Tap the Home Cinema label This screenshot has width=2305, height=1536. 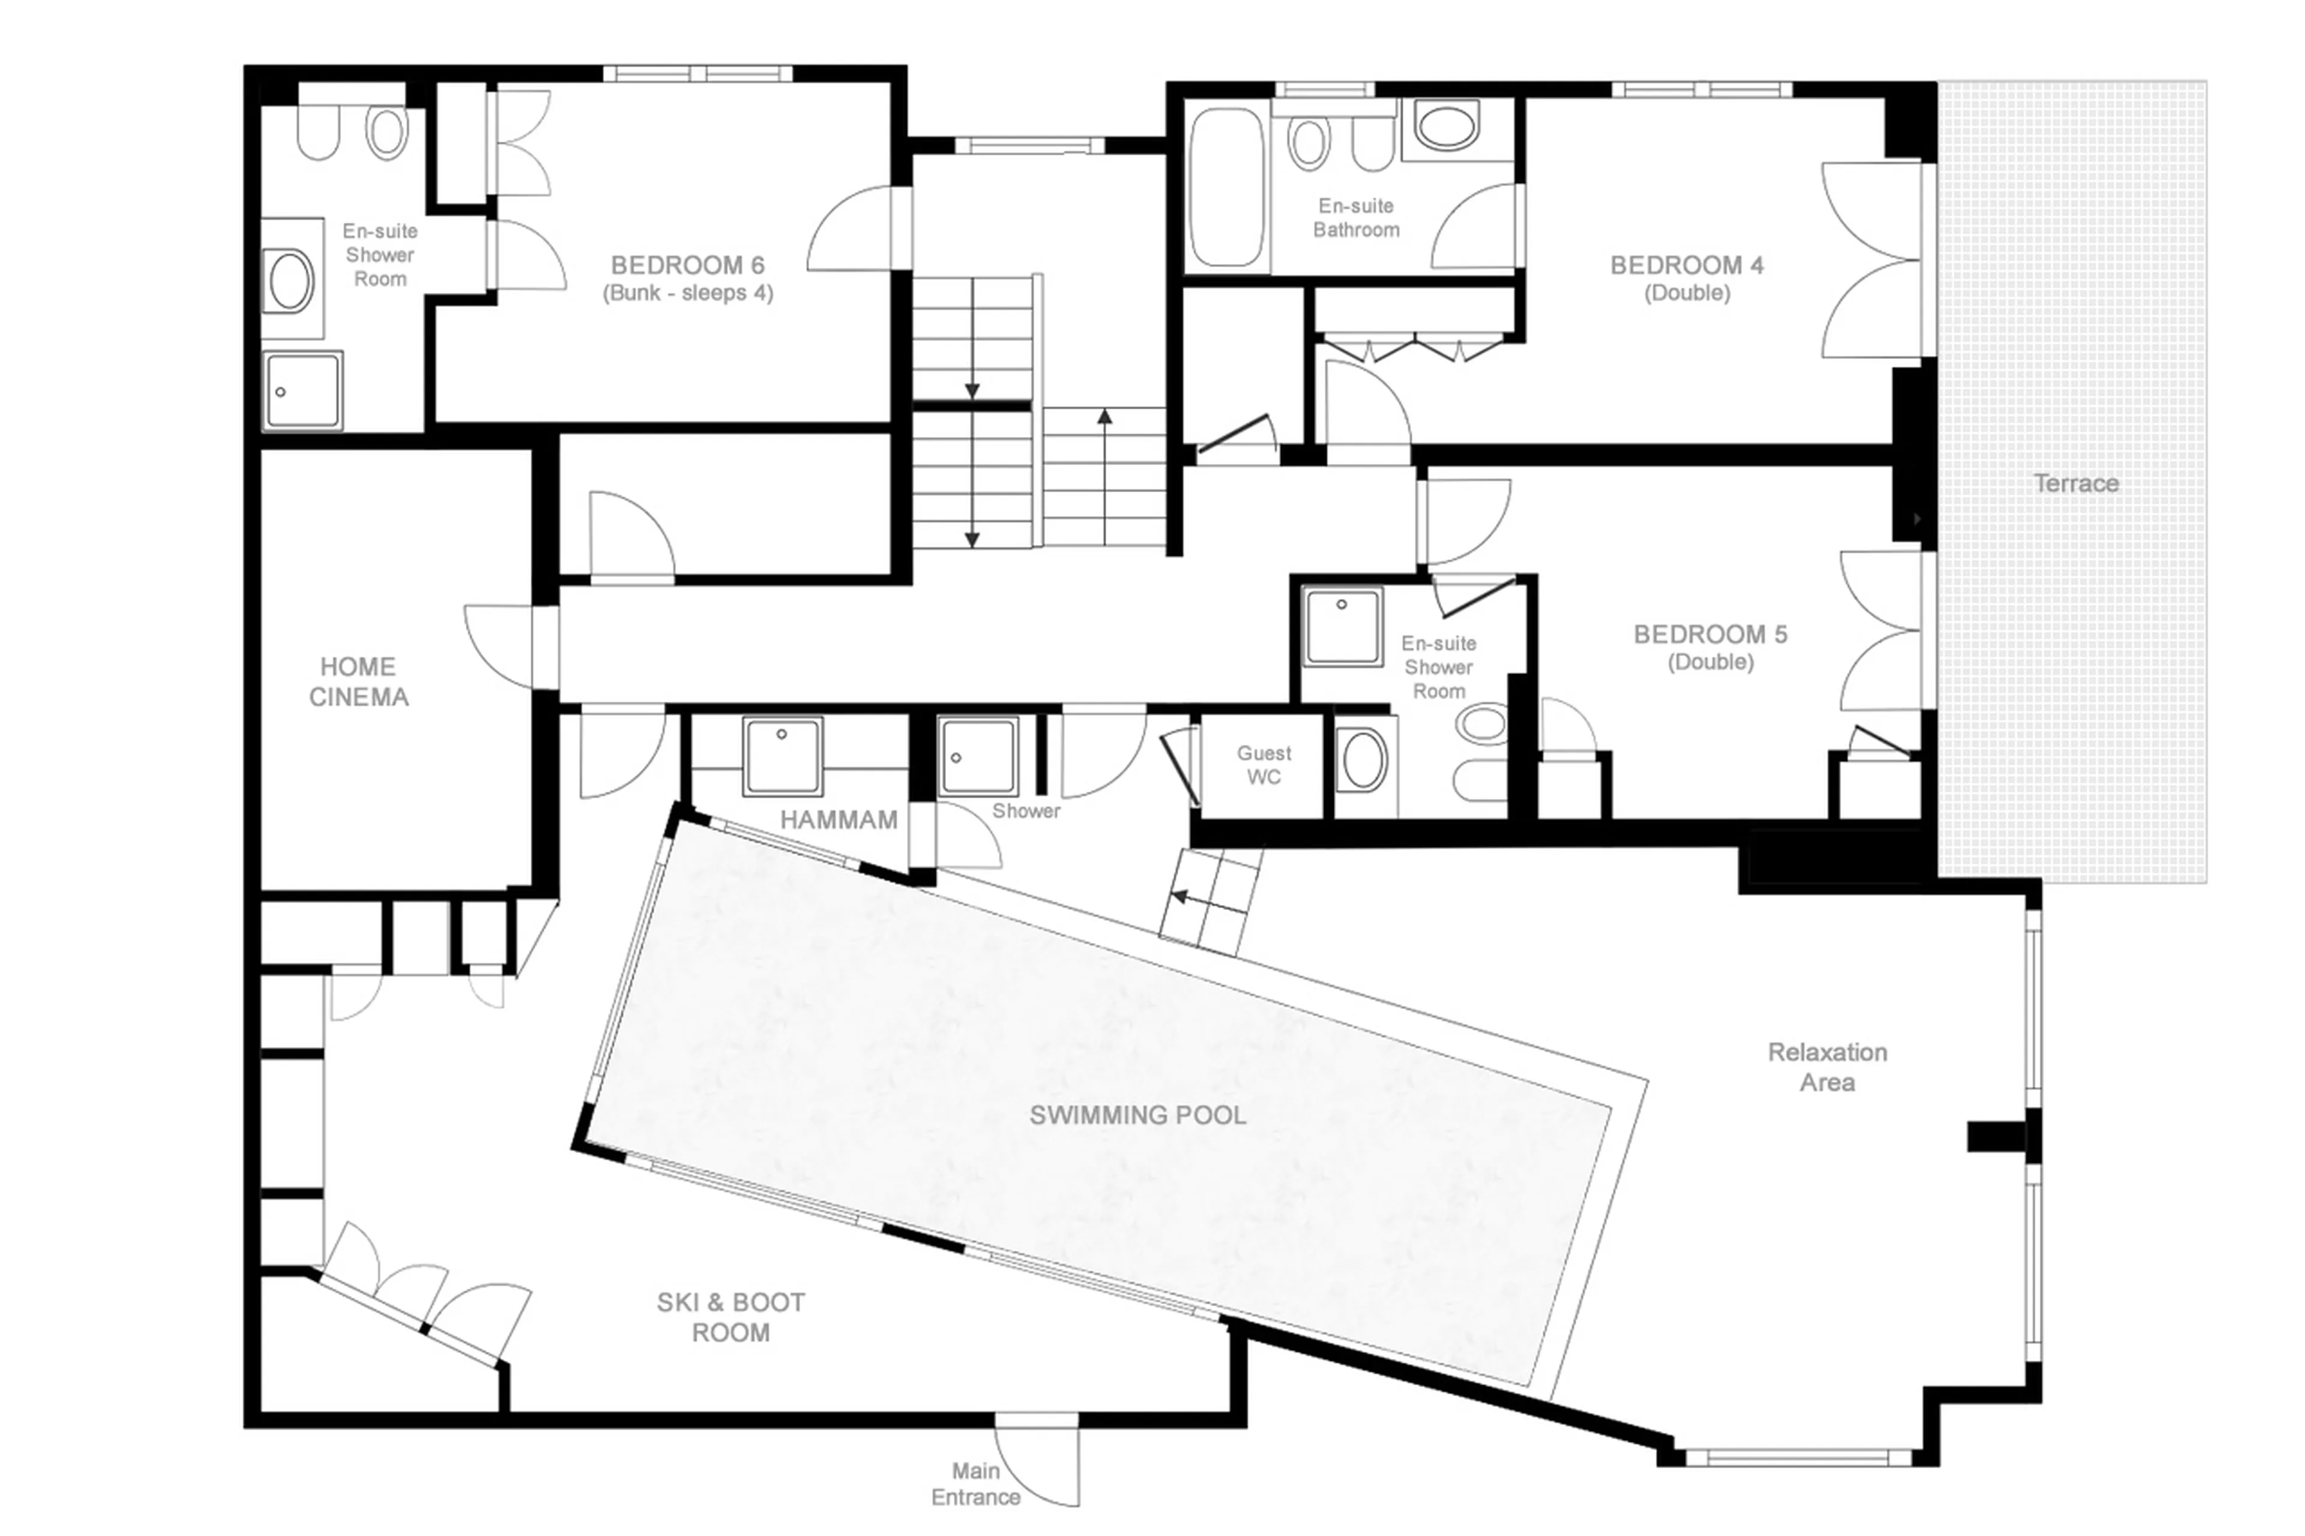pyautogui.click(x=358, y=682)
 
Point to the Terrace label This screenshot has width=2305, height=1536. pyautogui.click(x=2074, y=483)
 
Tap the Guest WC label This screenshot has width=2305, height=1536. pyautogui.click(x=1263, y=765)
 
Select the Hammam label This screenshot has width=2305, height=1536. pyautogui.click(x=839, y=820)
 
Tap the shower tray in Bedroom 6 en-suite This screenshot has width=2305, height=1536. pyautogui.click(x=303, y=391)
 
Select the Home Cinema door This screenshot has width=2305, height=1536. pyautogui.click(x=499, y=646)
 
